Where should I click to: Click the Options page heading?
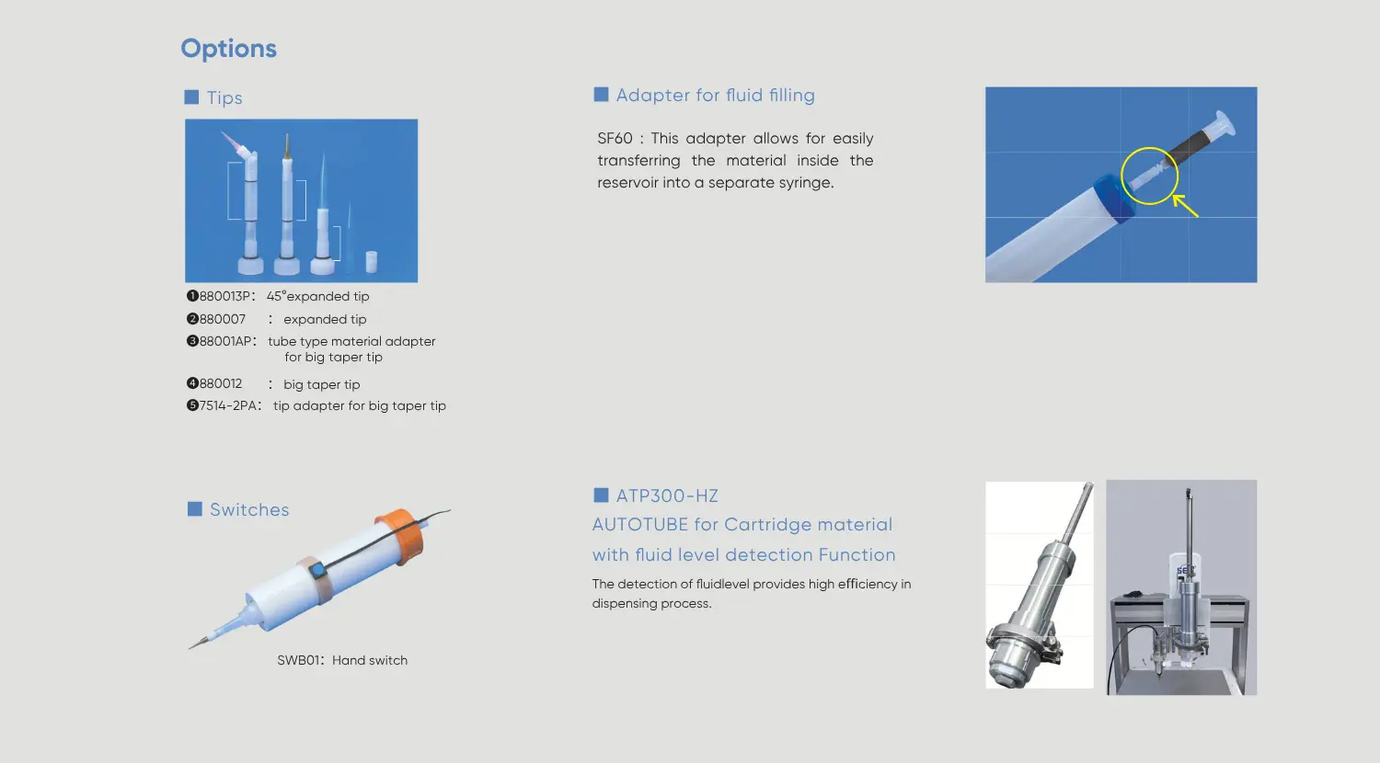[228, 49]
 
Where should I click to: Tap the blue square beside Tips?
[191, 97]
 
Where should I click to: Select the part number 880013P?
[224, 296]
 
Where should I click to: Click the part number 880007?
[223, 319]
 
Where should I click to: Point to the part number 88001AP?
[224, 341]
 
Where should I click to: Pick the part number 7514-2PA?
[227, 405]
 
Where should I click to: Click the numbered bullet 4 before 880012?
[192, 383]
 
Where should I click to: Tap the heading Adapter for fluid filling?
[715, 95]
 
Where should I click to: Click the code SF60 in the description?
[615, 138]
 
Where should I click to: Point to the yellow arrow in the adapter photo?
[1185, 206]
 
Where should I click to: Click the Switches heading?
[249, 509]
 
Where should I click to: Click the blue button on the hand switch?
[317, 570]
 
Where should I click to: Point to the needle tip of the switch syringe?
[190, 648]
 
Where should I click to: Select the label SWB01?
[298, 660]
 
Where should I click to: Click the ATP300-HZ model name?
[667, 495]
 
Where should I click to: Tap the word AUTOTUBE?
[640, 525]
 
